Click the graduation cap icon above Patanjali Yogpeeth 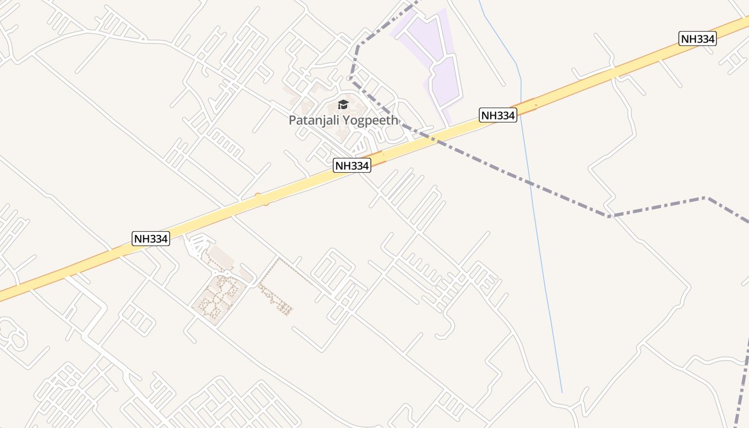tap(343, 104)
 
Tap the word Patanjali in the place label tap(313, 120)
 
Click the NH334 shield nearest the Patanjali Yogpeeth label tap(352, 166)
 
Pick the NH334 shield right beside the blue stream tap(498, 115)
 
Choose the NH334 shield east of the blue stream tap(698, 39)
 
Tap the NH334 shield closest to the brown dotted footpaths tap(151, 239)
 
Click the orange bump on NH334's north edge tap(258, 196)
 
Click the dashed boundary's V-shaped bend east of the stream tap(608, 216)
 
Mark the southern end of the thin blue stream tap(562, 392)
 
